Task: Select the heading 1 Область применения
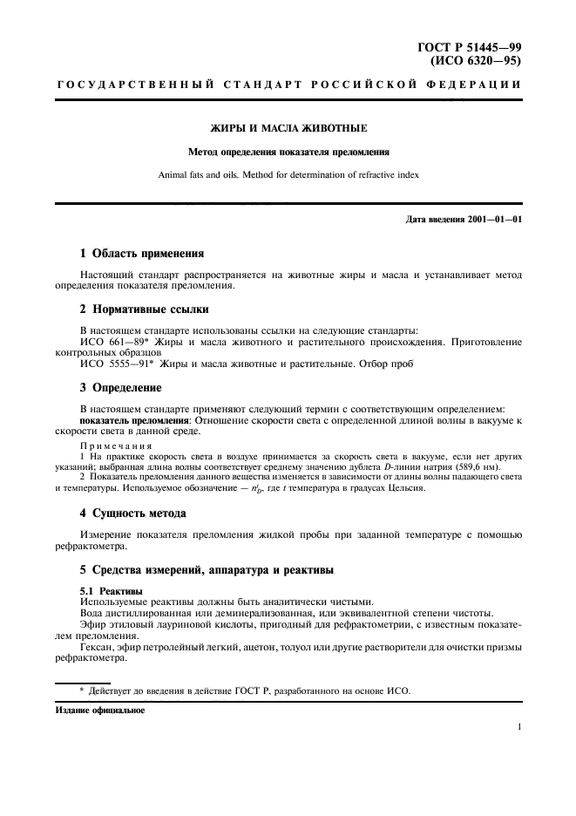click(x=142, y=254)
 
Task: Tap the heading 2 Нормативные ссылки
click(x=144, y=309)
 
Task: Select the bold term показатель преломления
click(x=135, y=420)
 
